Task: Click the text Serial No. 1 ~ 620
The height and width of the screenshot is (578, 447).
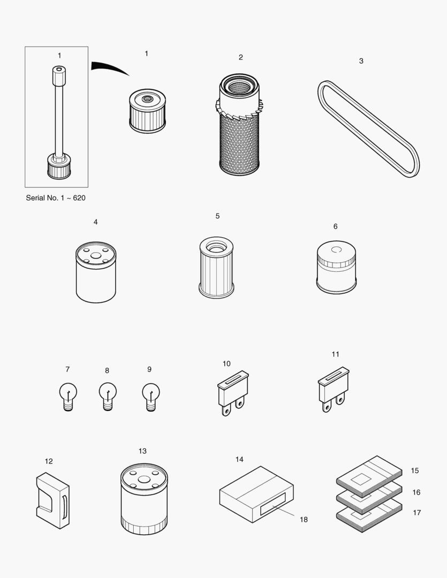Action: [56, 197]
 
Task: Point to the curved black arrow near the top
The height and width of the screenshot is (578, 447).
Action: [110, 68]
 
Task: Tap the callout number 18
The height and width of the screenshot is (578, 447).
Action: [304, 520]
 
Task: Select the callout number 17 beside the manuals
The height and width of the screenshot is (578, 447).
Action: [417, 513]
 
